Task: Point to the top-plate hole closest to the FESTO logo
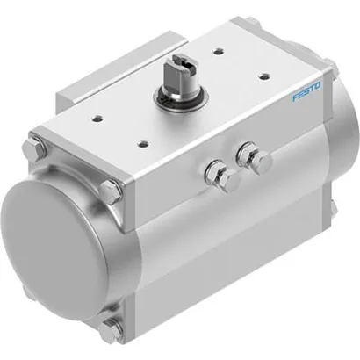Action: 263,76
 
